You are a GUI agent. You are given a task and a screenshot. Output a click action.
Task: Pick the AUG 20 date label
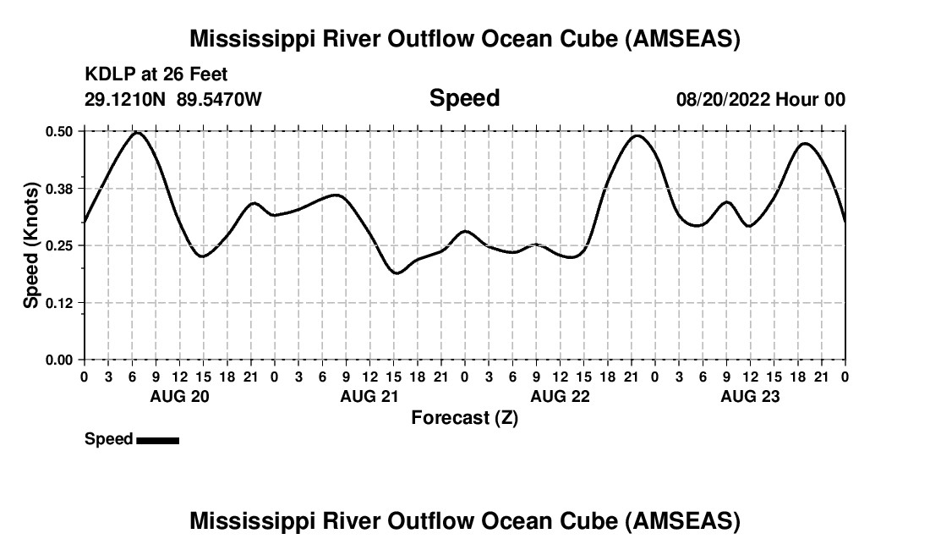[179, 397]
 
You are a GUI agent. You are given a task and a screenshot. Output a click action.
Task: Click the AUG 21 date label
[369, 397]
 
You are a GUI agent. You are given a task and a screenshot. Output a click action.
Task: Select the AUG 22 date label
[560, 397]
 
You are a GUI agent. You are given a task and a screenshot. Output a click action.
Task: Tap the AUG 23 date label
[750, 397]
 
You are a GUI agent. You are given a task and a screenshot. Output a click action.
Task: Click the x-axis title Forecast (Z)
[464, 418]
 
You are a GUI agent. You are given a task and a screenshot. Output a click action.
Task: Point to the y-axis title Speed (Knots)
[31, 245]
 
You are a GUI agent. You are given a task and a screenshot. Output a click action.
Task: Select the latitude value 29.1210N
[127, 99]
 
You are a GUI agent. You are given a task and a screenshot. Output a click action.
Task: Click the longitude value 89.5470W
[219, 99]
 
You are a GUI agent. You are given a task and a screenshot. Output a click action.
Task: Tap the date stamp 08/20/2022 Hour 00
[760, 99]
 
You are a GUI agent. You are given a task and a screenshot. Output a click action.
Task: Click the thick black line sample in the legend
[157, 440]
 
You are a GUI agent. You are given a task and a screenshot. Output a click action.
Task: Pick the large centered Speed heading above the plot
[464, 98]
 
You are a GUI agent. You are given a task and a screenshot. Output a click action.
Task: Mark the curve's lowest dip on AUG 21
[396, 272]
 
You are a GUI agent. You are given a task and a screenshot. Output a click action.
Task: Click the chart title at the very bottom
[464, 521]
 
